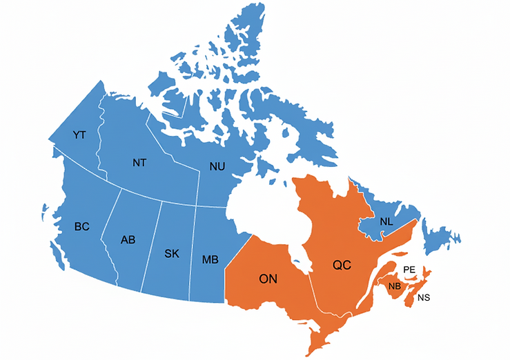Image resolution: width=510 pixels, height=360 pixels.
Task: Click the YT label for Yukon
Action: pos(79,134)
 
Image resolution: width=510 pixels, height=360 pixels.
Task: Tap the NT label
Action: pos(139,163)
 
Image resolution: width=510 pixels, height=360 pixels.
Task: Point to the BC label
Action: pos(82,226)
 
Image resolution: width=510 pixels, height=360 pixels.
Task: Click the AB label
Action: pos(128,240)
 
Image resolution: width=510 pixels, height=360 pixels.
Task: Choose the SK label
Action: pos(172,254)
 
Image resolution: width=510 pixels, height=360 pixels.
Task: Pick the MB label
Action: pos(210,260)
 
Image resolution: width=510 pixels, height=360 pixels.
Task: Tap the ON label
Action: pos(268,279)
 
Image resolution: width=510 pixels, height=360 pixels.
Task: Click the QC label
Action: pos(342,265)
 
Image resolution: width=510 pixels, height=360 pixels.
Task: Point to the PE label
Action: pos(409,270)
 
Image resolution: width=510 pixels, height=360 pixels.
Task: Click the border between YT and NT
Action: pos(99,138)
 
